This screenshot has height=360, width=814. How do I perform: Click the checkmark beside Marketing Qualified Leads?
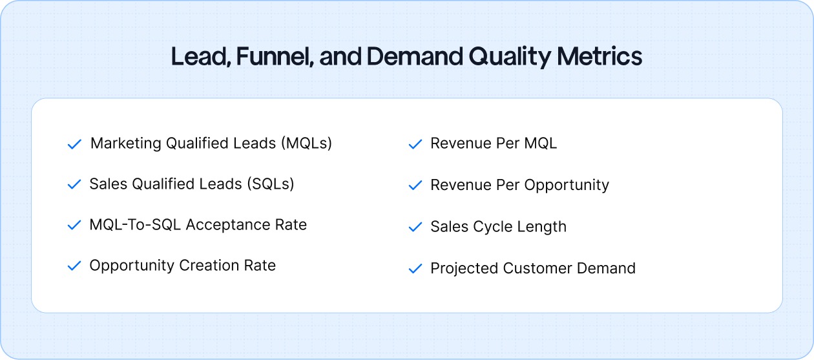click(x=74, y=144)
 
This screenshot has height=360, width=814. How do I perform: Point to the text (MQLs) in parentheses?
click(x=306, y=143)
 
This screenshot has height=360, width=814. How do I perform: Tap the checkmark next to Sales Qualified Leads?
click(x=74, y=185)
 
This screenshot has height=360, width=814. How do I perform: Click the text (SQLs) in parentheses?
click(x=270, y=184)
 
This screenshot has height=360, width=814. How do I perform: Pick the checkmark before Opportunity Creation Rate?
click(x=74, y=266)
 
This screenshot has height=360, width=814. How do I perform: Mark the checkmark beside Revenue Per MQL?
click(x=415, y=144)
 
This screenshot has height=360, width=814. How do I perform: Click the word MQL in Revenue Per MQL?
click(x=540, y=143)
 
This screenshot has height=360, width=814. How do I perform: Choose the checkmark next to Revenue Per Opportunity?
click(x=415, y=185)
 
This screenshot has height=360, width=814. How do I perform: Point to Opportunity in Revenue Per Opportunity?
click(x=567, y=185)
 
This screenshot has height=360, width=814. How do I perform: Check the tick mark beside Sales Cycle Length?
click(x=415, y=228)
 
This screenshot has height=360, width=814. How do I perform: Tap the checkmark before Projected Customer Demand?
click(x=415, y=269)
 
